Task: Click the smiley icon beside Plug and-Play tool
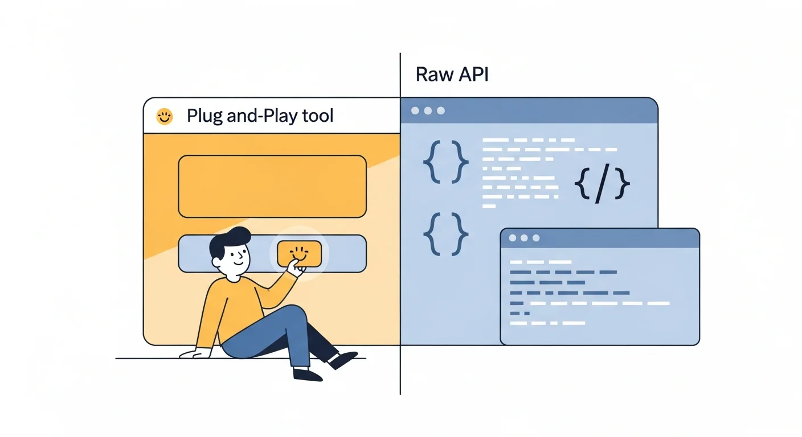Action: tap(164, 117)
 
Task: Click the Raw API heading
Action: tap(452, 75)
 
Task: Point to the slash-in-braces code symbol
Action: tap(601, 185)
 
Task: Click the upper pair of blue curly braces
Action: tap(445, 162)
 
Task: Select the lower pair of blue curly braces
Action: tap(445, 234)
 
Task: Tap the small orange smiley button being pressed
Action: tap(299, 253)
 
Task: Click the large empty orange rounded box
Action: tap(272, 186)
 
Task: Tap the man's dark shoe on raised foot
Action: tap(343, 360)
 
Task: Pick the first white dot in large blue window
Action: tap(414, 111)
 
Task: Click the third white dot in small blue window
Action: tap(535, 238)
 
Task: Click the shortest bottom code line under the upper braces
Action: tap(489, 206)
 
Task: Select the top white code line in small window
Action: tap(541, 262)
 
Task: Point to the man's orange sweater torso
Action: tap(231, 310)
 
